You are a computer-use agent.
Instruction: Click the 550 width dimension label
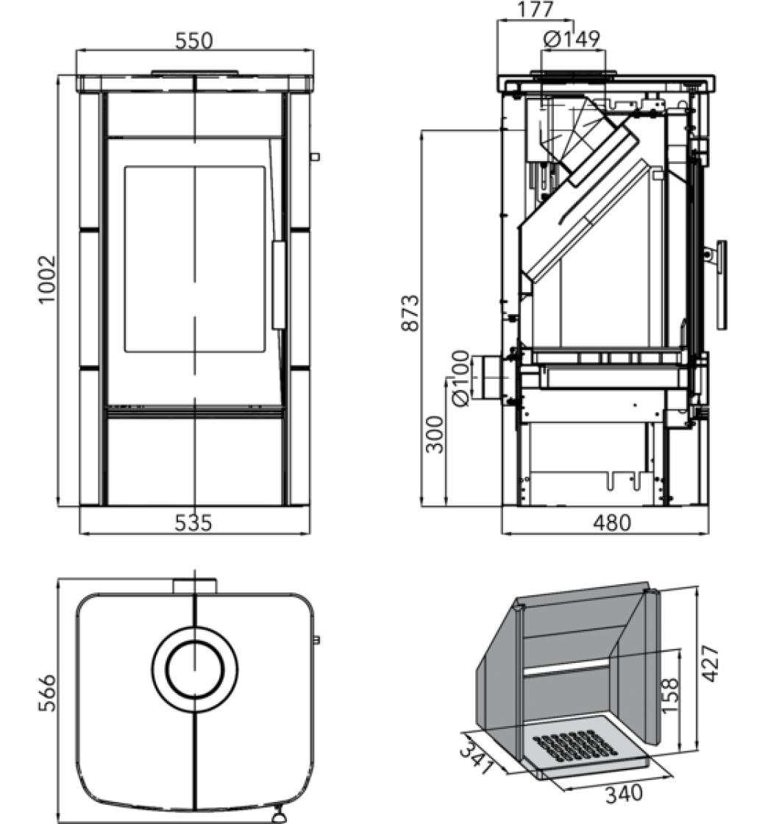coord(194,40)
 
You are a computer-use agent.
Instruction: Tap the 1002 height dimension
coord(47,279)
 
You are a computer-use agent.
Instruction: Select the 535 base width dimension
coord(193,523)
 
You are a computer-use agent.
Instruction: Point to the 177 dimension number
coord(535,9)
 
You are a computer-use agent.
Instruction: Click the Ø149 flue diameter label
coord(572,39)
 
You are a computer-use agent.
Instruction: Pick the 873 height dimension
coord(410,313)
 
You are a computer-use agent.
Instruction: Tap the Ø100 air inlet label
coord(460,378)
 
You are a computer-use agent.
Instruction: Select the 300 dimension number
coord(435,434)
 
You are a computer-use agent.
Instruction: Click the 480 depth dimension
coord(611,523)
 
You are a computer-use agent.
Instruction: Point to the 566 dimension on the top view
coord(47,692)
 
